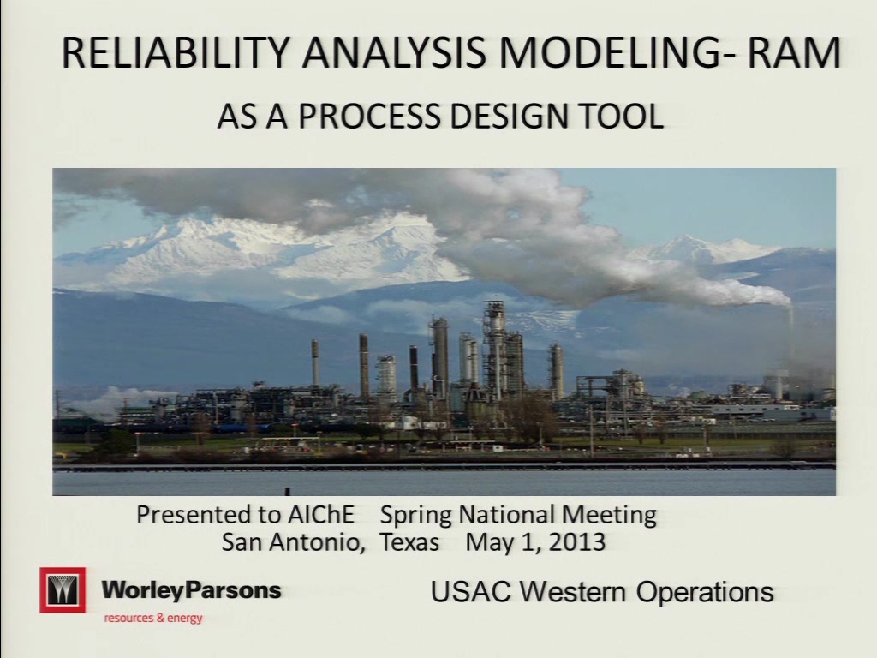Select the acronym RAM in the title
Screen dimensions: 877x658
790,52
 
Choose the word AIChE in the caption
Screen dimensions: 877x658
321,515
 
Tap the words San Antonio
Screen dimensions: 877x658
293,542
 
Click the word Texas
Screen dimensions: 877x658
409,542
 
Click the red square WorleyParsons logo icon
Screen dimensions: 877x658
63,589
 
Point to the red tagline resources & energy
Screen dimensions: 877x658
153,619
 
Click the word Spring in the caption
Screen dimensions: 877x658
416,516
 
